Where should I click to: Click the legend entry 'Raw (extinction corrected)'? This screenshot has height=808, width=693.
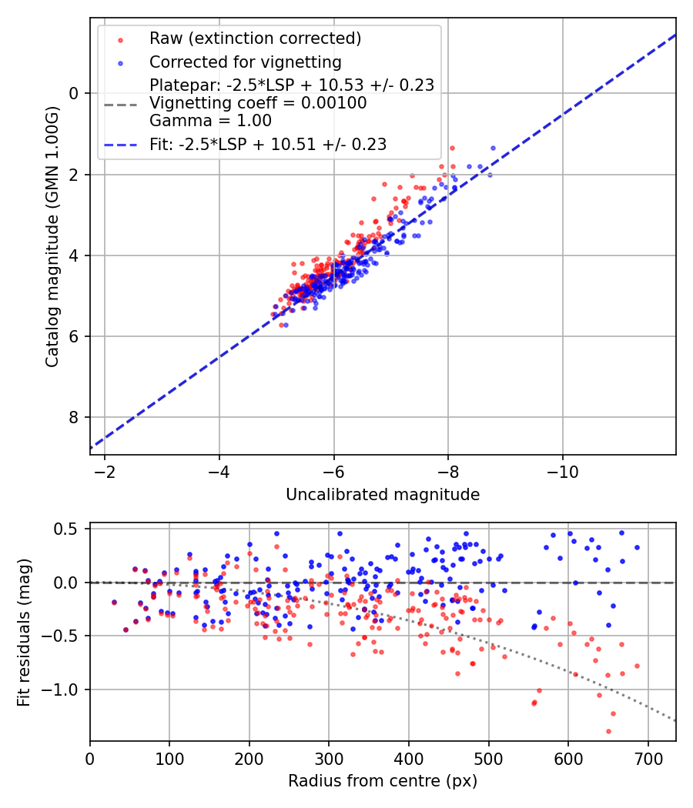[255, 38]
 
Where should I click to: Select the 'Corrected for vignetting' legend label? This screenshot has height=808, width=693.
[246, 62]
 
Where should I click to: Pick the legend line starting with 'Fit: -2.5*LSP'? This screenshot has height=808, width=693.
[268, 144]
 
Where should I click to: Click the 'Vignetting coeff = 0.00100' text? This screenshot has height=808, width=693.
[258, 103]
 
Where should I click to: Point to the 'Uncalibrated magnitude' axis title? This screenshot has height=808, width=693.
[383, 495]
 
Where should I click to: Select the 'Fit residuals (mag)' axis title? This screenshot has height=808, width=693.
[24, 633]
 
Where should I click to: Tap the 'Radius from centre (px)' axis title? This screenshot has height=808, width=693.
[383, 781]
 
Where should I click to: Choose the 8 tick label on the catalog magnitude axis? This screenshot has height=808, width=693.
[75, 417]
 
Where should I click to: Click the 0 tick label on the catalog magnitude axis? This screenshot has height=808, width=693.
[75, 93]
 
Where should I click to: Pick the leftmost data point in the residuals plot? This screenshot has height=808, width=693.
[114, 603]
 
